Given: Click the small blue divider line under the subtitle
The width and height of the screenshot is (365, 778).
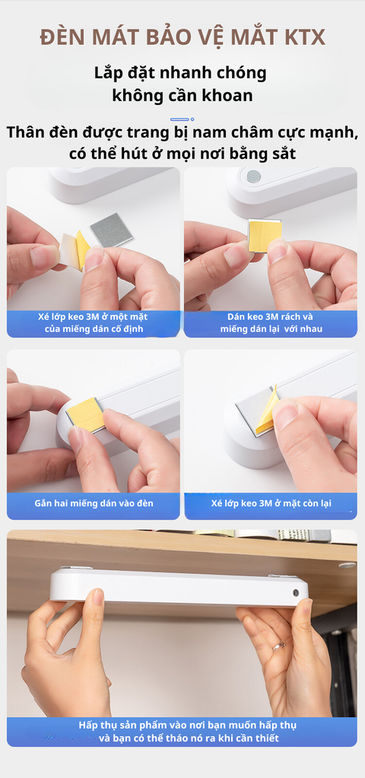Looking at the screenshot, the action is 179,119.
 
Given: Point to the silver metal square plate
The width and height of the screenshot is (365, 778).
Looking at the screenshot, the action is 111,229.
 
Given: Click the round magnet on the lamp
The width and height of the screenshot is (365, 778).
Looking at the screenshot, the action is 252,176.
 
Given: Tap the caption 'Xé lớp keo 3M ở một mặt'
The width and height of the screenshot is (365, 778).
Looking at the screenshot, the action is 93,317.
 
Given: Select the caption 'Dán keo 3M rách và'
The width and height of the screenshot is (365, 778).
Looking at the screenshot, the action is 270,317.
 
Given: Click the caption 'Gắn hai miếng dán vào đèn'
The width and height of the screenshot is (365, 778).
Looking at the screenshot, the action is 94,503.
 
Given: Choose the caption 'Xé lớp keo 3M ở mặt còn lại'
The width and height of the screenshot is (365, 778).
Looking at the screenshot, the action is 271,503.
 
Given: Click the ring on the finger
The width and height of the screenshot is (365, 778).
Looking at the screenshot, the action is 278,646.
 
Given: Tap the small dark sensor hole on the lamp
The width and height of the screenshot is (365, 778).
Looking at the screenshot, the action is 296,593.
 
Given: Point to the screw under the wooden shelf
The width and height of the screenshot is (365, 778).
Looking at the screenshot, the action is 347,565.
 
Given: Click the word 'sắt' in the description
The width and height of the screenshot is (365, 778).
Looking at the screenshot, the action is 284,153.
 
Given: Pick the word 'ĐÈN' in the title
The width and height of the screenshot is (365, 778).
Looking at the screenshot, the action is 58,38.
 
